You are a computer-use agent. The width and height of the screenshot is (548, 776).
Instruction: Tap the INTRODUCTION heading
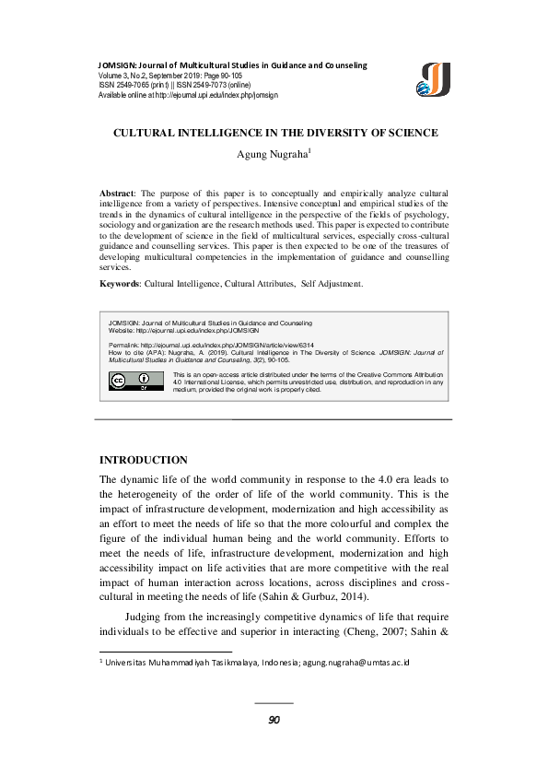click(x=143, y=460)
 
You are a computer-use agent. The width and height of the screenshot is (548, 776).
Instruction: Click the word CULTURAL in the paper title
click(x=151, y=133)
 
